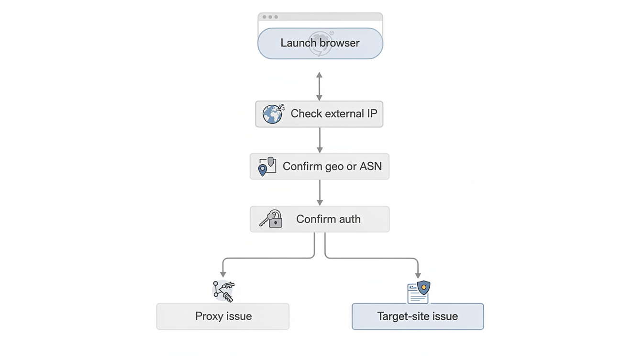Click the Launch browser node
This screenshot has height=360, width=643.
tap(320, 43)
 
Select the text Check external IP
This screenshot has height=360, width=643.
tap(333, 113)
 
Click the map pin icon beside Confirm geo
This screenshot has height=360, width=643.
tap(263, 169)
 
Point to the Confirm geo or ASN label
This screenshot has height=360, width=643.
tap(332, 166)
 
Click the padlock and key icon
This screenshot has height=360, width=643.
tap(271, 219)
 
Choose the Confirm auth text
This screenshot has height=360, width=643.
tap(328, 219)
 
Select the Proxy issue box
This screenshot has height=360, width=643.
tap(223, 316)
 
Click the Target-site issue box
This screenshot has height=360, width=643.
tap(418, 316)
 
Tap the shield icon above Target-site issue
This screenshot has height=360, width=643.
tap(423, 288)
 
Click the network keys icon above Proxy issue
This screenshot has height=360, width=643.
tap(223, 291)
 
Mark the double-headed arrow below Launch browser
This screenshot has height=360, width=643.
tap(319, 86)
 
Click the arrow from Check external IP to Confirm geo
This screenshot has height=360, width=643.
tap(320, 140)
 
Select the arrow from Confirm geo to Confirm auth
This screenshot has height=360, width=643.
tap(320, 193)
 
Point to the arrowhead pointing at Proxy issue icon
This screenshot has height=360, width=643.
tap(223, 274)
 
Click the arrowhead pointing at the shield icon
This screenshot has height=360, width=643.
tap(418, 275)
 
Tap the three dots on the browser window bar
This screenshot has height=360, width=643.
tap(270, 17)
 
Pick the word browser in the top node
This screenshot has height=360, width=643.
tap(340, 43)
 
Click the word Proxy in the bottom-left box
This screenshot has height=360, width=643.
tap(209, 316)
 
